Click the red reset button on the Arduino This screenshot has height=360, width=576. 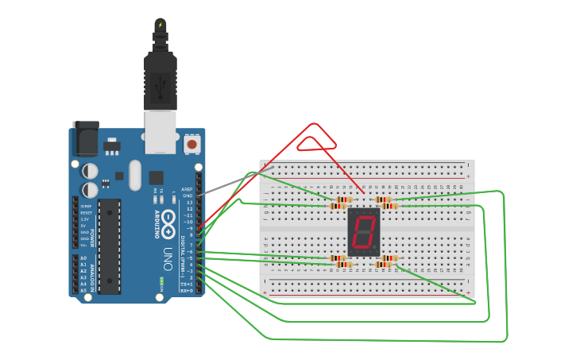pos(191,145)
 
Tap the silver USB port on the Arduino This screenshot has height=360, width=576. pos(160,131)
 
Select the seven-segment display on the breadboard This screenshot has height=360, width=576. pos(364,231)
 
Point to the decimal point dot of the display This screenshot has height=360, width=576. pos(376,249)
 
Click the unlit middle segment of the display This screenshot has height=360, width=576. pos(364,231)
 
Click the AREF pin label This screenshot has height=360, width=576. pos(187,189)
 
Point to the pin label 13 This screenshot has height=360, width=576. pos(189,203)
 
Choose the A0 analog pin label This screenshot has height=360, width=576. pos(83,258)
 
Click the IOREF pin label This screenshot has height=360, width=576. pos(85,207)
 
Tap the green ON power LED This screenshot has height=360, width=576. pos(161,281)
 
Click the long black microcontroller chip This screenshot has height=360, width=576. pos(110,246)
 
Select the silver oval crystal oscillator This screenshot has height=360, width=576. pos(134,174)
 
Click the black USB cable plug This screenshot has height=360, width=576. pos(160,79)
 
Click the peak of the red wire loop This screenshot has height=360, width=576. pos(315,125)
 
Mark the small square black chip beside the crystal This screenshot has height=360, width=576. pos(156,179)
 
